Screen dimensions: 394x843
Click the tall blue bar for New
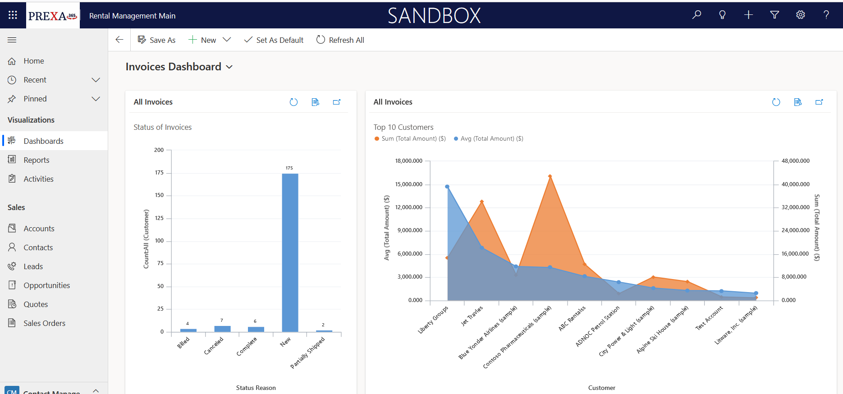[x=290, y=252]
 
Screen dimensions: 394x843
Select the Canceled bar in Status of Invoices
[x=222, y=329]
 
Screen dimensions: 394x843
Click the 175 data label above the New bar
[x=289, y=168]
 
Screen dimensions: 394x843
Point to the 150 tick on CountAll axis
[x=159, y=195]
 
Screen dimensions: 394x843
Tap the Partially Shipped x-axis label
[x=307, y=353]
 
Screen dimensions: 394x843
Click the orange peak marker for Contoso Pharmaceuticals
[x=550, y=176]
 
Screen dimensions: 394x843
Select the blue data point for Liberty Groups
[x=447, y=187]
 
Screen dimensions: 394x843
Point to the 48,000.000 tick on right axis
[x=795, y=161]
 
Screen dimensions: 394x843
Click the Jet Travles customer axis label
[x=472, y=316]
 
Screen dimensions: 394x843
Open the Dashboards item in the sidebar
[x=43, y=141]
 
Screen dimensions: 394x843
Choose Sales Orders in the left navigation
[x=44, y=323]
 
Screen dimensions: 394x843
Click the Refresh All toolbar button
[x=340, y=40]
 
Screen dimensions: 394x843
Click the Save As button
[x=156, y=40]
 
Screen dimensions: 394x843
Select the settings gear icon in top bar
[x=800, y=15]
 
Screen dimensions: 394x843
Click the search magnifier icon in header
[x=696, y=15]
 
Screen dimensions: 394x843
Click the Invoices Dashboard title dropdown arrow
[x=229, y=67]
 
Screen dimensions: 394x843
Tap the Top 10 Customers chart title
[x=403, y=127]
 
